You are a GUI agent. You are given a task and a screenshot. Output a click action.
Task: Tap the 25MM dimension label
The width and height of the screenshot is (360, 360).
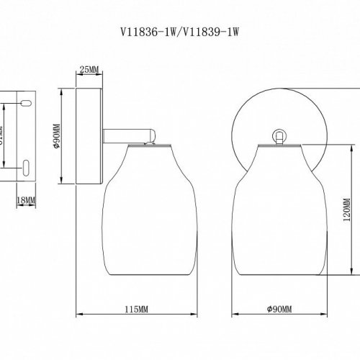pos(89,70)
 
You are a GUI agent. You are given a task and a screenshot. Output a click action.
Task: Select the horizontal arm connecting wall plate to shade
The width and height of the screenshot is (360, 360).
pos(126,135)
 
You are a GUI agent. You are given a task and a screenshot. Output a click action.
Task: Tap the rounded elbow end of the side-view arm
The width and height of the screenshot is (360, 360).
pos(153,135)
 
